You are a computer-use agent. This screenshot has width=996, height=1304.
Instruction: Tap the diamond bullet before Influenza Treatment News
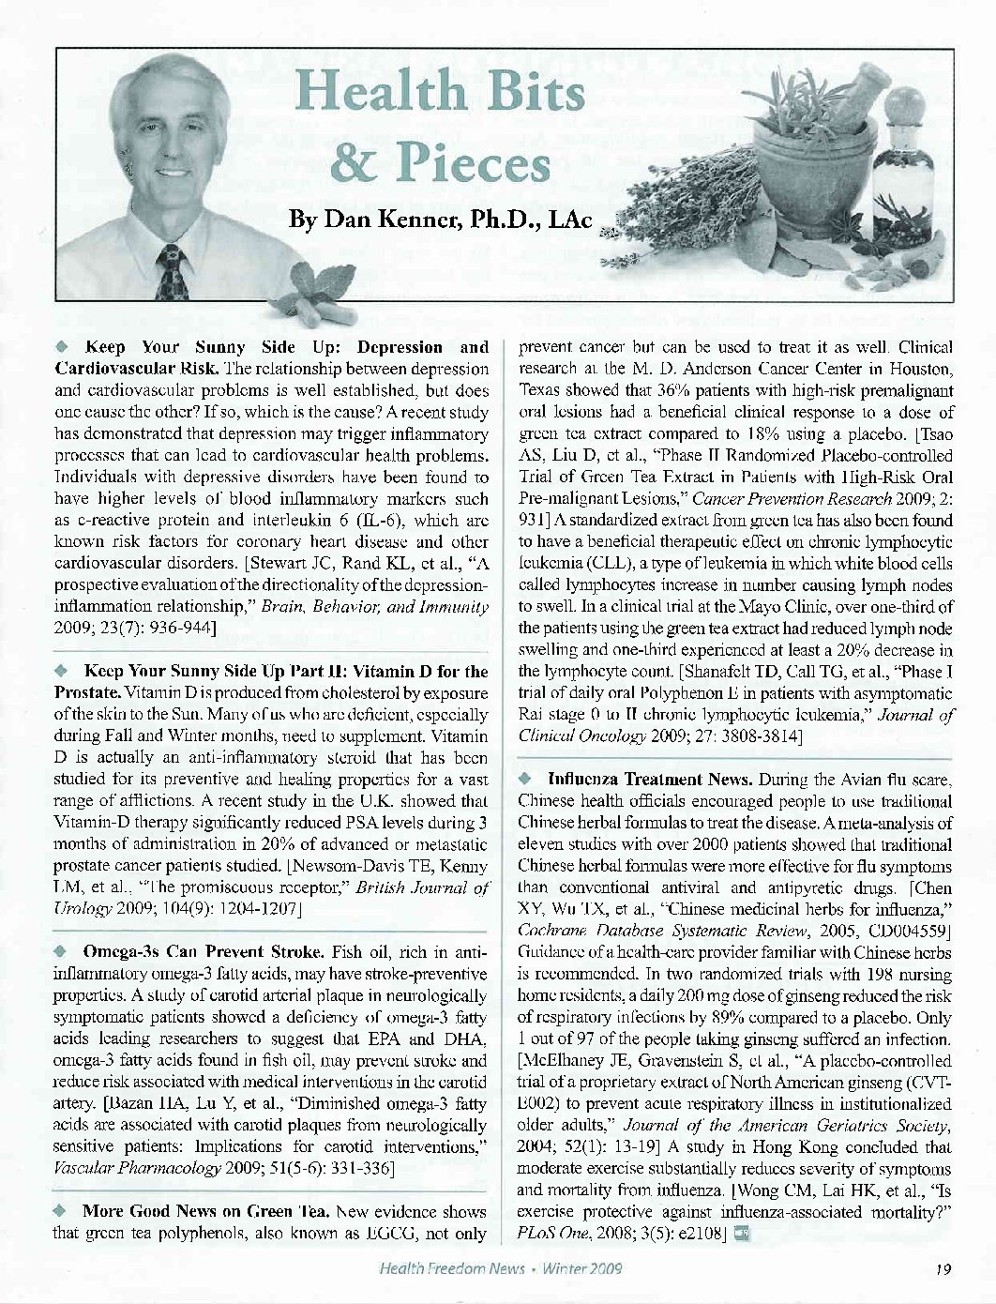coord(527,778)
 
